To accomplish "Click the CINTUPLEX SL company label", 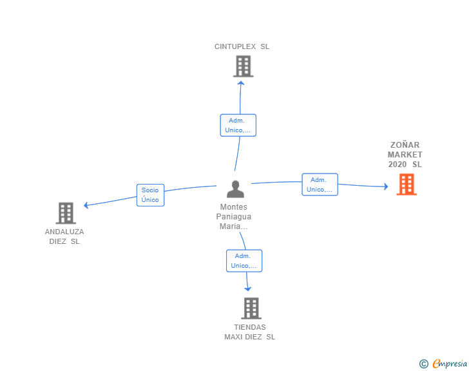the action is tap(242, 46).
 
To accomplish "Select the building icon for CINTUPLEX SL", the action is tap(243, 66).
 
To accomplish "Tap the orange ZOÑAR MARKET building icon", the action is tap(407, 185).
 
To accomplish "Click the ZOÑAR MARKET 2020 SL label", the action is tap(405, 155).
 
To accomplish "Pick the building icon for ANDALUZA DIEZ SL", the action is tap(66, 213).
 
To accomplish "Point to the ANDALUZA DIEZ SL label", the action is tap(64, 236).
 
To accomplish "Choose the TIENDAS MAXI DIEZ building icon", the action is tap(251, 308).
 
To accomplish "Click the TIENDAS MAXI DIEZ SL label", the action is tap(250, 332).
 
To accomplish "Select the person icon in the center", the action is tap(235, 189).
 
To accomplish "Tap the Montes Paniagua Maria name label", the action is tap(234, 217).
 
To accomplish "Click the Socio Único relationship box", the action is tap(151, 195).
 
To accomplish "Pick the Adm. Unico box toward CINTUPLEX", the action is tap(238, 125).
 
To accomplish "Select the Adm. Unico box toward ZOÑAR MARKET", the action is tap(320, 185).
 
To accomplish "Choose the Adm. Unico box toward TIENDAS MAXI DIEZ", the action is tap(244, 261).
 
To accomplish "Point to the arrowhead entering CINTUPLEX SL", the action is tap(241, 83).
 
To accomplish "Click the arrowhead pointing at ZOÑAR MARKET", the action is tap(386, 186).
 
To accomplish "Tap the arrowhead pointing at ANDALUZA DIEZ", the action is tap(86, 205).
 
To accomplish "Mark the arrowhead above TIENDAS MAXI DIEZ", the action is tap(247, 289).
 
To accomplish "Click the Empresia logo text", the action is tap(450, 363).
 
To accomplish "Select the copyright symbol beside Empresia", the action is tap(423, 364).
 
